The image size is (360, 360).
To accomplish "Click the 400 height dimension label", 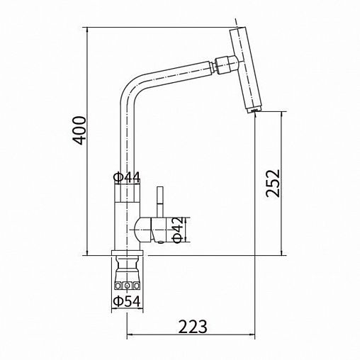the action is pos(79,130).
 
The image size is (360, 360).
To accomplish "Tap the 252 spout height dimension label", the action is pos(273,183).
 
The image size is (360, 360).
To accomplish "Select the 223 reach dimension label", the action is pos(193,327).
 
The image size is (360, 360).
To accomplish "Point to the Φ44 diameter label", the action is pos(127,177).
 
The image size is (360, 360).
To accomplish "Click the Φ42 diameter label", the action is pos(178,230).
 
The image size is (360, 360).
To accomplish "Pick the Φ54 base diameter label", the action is pos(127,301).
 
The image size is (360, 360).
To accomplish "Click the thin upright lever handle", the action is pos(160,201).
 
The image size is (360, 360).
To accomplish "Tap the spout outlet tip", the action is pos(254,111).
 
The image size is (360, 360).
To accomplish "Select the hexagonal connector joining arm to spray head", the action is pos(225,64).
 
